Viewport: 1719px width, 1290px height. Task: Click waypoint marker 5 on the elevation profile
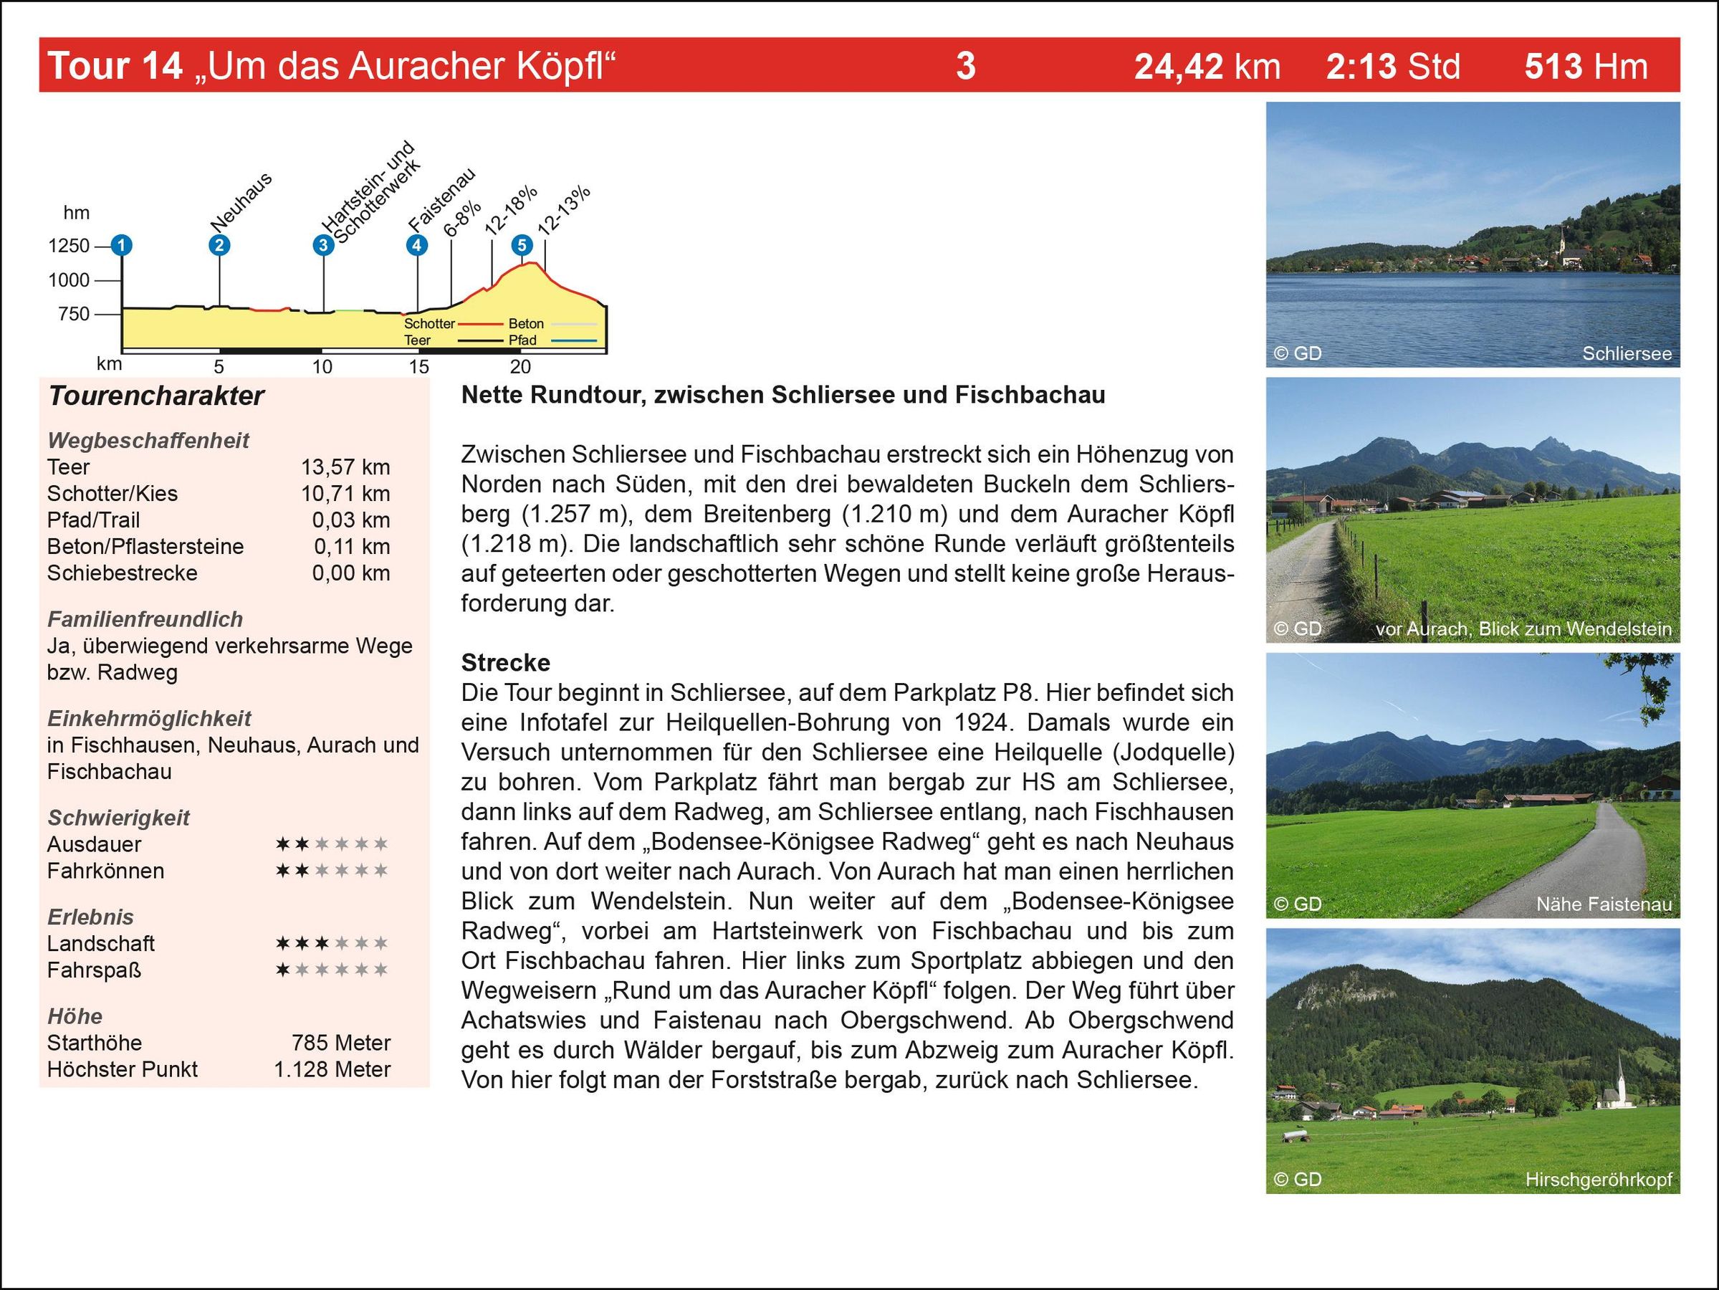(x=522, y=246)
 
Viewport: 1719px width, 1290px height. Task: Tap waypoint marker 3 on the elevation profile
(x=322, y=246)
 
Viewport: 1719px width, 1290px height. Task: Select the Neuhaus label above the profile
(x=241, y=202)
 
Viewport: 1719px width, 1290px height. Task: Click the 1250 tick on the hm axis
(x=70, y=246)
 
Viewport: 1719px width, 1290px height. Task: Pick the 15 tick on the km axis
(x=419, y=367)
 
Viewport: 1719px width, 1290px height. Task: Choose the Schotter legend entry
(x=429, y=323)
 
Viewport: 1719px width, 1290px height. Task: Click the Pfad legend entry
(x=522, y=340)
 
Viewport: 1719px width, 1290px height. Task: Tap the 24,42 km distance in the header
(x=1207, y=66)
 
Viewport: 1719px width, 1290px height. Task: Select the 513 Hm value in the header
(x=1585, y=66)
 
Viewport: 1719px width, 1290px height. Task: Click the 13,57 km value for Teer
(x=346, y=467)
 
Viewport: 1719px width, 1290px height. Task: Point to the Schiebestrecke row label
(x=122, y=573)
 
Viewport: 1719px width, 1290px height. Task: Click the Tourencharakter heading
(x=156, y=396)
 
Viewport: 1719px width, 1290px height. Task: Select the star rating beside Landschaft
(x=332, y=943)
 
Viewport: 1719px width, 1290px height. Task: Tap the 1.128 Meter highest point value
(x=332, y=1069)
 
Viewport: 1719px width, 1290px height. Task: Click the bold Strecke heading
(x=505, y=662)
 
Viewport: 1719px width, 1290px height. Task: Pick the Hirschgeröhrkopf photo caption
(x=1598, y=1180)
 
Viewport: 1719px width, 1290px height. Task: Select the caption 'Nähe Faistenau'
(x=1604, y=904)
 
